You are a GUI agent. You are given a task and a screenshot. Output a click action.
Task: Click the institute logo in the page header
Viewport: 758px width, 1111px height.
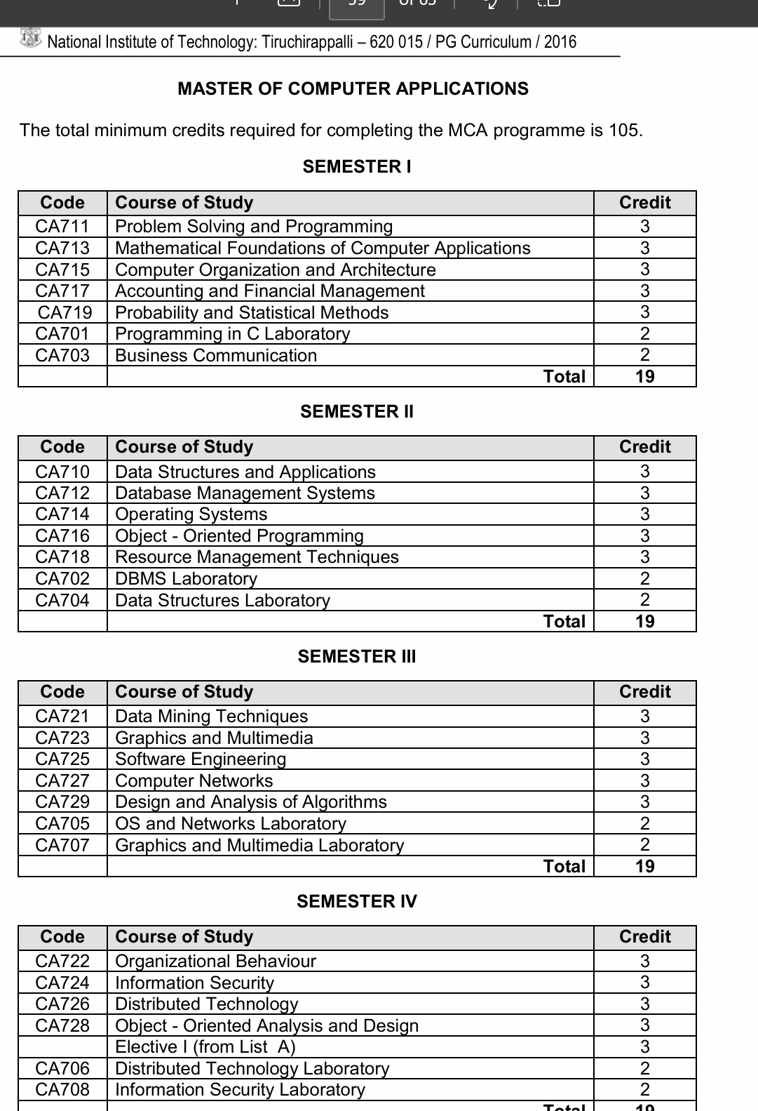(31, 39)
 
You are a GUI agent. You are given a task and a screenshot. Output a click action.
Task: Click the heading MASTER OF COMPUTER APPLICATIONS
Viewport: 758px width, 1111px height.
(353, 89)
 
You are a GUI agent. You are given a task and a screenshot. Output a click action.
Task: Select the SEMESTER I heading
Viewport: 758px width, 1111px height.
(357, 167)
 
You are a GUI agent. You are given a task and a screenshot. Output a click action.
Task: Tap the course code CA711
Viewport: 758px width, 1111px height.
(62, 227)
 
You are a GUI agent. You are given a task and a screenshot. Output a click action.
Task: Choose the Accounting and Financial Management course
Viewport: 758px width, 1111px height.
(269, 291)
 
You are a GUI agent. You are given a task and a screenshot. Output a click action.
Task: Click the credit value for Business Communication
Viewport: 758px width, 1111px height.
(644, 356)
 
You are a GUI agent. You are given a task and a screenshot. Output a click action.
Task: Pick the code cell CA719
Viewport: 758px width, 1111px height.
(65, 313)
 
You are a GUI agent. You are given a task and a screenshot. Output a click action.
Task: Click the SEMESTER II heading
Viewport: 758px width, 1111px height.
(357, 412)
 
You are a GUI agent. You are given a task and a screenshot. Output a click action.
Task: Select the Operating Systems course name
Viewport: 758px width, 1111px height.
(191, 514)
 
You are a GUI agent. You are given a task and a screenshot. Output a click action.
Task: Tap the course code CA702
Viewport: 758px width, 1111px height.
(62, 579)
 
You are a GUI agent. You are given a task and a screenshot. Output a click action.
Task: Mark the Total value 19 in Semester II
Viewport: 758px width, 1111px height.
(644, 622)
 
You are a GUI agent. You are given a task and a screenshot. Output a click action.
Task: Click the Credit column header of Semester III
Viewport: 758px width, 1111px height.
(644, 692)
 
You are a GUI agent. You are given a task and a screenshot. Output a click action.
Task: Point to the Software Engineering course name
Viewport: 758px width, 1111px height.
(201, 759)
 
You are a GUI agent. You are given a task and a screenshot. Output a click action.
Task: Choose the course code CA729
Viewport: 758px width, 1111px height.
(62, 802)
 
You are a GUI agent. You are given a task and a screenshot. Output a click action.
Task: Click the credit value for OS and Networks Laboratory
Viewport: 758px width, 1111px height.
(644, 824)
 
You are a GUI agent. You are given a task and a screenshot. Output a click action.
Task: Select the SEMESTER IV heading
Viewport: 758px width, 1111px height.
(357, 902)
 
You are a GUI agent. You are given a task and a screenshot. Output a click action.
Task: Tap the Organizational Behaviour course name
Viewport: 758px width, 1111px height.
(215, 962)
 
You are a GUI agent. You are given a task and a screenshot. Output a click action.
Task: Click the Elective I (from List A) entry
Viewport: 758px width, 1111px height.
(205, 1047)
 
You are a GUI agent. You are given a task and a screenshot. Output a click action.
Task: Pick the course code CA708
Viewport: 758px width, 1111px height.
(62, 1090)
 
